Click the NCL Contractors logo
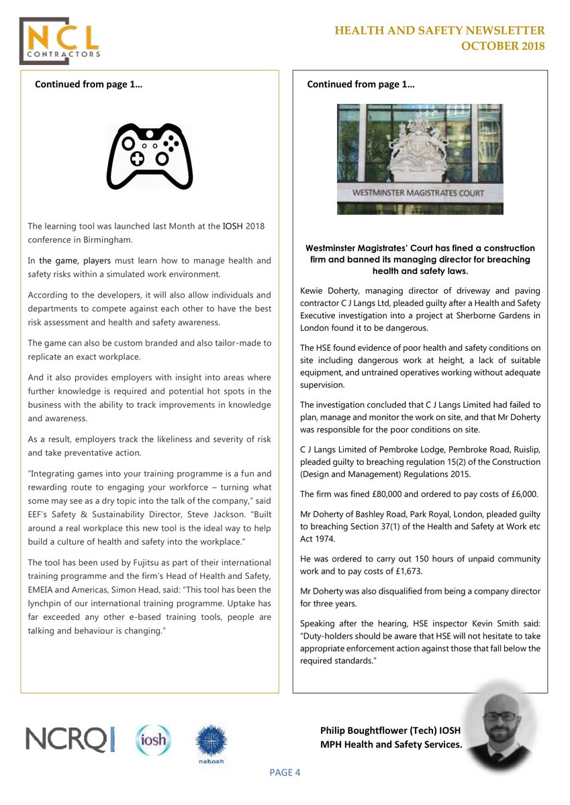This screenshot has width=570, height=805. coord(61,40)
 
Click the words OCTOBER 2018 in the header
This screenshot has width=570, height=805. coord(502,46)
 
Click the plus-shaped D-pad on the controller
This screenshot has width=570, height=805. coord(136,158)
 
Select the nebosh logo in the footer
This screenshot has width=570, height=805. coord(210,744)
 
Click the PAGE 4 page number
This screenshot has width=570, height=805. coord(285,772)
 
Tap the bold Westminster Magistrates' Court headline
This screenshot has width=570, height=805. coord(420,259)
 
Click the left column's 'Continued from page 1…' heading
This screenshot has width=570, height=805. coord(88,85)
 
